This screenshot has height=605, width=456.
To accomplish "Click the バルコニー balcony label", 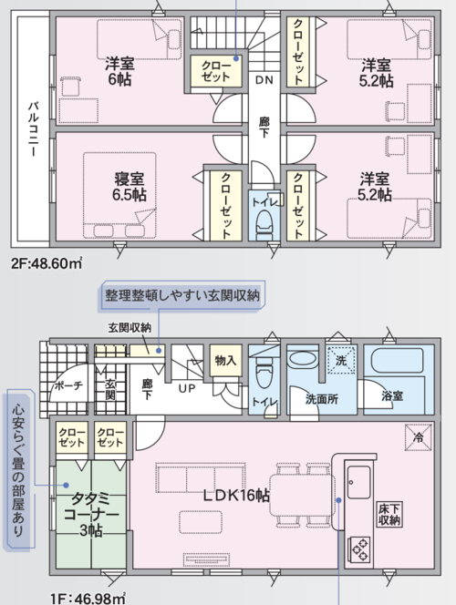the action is (34, 128).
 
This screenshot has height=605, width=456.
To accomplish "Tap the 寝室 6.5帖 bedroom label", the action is (130, 187).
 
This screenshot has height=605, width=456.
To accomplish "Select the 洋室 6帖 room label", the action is (119, 71).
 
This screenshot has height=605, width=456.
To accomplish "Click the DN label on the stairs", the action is (264, 80).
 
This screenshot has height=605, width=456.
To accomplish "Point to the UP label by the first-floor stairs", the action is (187, 388).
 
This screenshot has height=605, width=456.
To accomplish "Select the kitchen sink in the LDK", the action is (358, 482).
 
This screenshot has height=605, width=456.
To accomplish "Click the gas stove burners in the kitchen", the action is (359, 549).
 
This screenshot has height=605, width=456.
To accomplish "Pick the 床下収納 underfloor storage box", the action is (389, 514).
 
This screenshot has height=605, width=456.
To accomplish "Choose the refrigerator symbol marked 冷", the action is (419, 437).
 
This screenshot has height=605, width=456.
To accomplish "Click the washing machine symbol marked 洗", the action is (340, 361).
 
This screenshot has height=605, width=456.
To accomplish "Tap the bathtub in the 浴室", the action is (398, 362).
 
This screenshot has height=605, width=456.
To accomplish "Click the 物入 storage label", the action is (226, 361).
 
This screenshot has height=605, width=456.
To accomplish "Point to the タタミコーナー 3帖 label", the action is (91, 514).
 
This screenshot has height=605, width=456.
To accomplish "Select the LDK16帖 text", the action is (236, 496).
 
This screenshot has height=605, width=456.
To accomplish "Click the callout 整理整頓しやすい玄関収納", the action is (182, 295).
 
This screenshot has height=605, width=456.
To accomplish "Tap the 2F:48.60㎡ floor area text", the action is (47, 263).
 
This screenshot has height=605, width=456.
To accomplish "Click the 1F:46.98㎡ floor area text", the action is (88, 598).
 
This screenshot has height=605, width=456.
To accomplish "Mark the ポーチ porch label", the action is (68, 385).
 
